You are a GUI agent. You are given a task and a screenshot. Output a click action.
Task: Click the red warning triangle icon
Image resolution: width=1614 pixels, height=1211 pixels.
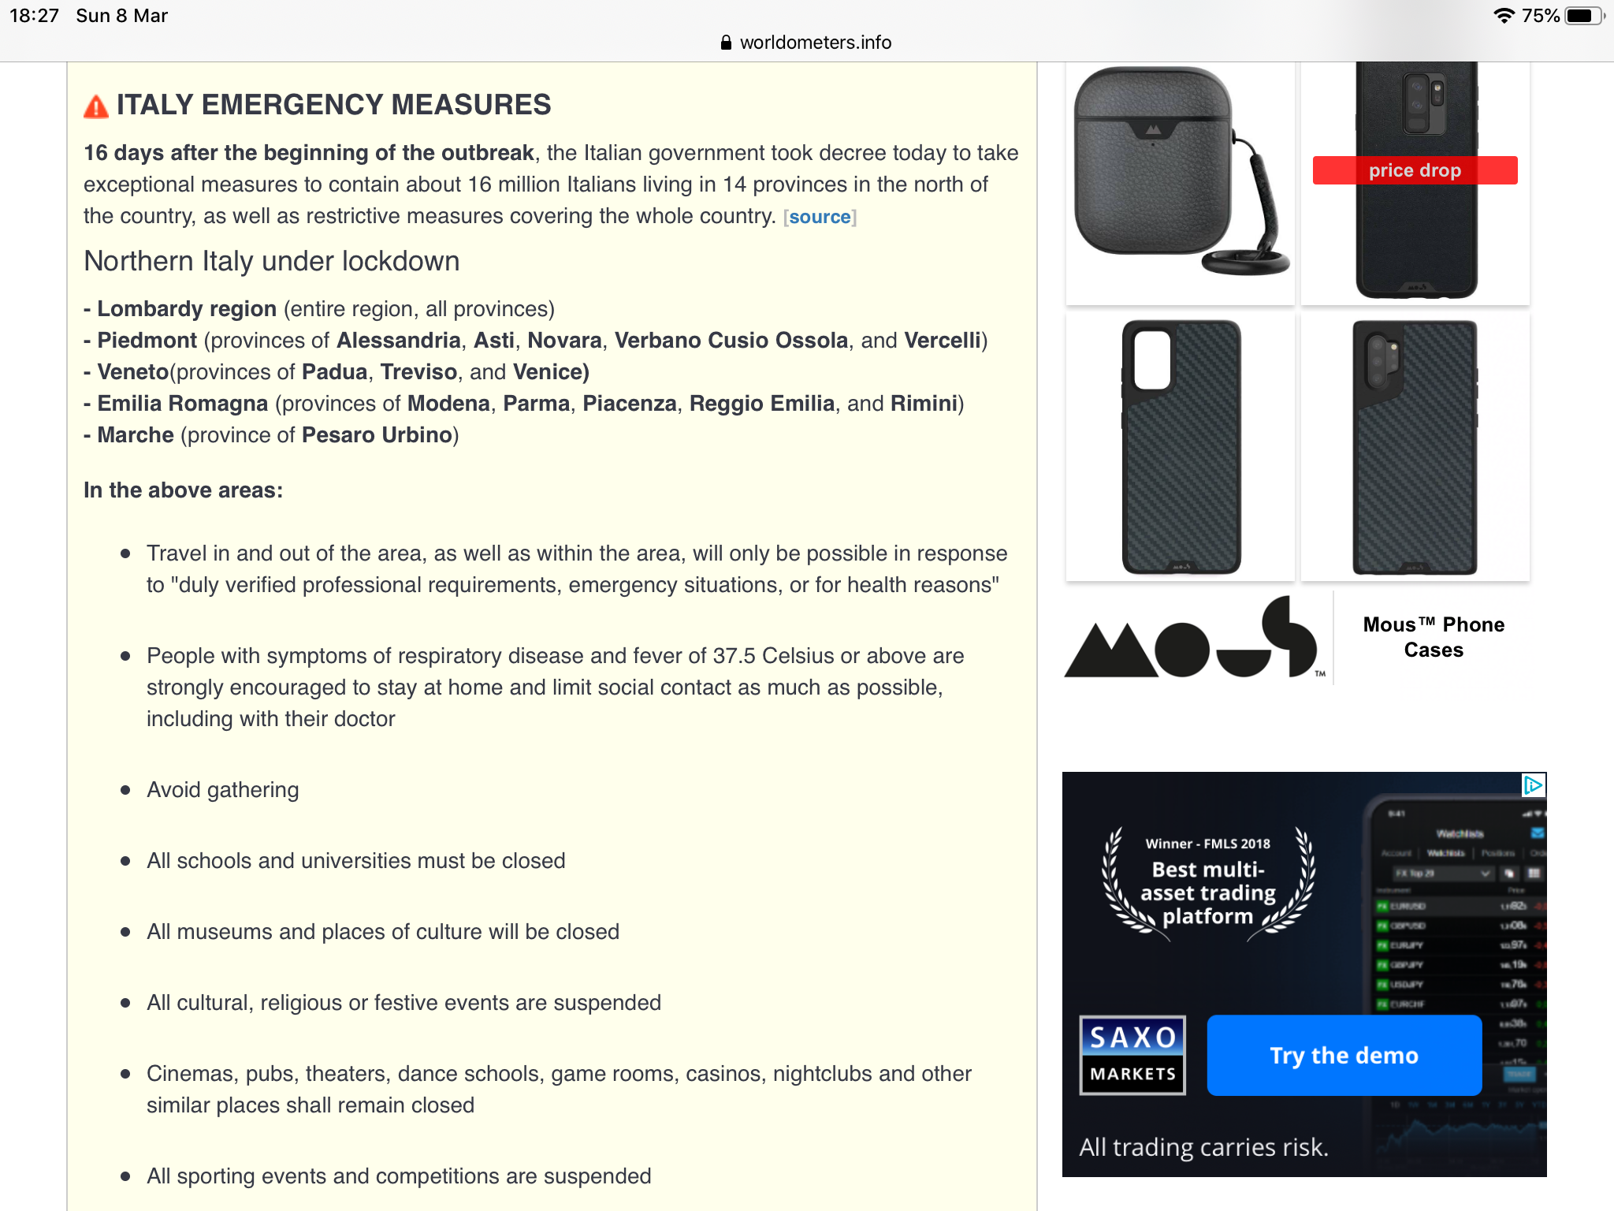tap(96, 106)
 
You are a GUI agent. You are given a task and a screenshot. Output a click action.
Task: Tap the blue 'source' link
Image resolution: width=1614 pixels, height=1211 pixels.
tap(820, 217)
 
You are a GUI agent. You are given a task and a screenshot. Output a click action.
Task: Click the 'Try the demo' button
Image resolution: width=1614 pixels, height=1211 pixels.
tap(1344, 1056)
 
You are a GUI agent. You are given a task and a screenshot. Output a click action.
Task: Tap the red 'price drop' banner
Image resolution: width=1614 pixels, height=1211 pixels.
tap(1415, 170)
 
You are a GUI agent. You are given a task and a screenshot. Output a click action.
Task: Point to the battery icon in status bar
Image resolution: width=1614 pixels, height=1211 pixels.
tap(1582, 16)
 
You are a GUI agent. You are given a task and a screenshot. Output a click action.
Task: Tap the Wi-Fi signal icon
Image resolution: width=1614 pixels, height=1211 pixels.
tap(1504, 16)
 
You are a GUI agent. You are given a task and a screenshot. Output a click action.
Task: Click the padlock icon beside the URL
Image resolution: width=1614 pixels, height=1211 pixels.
tap(726, 43)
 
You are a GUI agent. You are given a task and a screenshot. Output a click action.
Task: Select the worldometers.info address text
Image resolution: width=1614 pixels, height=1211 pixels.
tap(816, 43)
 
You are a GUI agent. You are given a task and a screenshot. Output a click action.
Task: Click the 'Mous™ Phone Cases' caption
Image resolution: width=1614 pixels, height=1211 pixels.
tap(1434, 637)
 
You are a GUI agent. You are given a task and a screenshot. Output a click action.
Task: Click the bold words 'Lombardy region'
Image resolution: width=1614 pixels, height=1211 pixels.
tap(187, 309)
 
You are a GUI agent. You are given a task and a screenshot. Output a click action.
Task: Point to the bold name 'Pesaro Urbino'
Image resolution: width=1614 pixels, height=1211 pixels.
tap(377, 435)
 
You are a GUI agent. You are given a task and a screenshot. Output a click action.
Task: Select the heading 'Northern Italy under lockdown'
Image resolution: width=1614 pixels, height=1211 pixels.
tap(272, 262)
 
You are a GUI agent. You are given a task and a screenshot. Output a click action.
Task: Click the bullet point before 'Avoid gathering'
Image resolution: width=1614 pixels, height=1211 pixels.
tap(125, 790)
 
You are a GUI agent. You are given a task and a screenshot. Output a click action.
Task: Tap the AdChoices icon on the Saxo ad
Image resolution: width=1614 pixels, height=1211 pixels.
tap(1533, 785)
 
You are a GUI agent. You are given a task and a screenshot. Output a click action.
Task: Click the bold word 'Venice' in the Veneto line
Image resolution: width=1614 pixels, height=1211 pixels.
tap(548, 372)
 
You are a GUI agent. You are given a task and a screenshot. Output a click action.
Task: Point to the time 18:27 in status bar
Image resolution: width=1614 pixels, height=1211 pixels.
tap(34, 16)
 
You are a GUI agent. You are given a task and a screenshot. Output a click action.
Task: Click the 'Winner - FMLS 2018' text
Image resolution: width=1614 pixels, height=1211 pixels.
tap(1207, 844)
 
